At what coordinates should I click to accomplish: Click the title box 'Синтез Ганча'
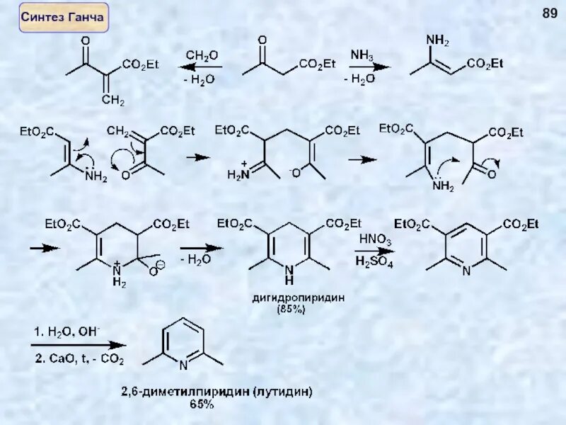(64, 16)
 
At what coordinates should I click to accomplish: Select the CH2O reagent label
(202, 55)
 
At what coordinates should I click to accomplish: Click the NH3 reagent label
(363, 54)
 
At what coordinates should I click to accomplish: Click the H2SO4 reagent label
(374, 262)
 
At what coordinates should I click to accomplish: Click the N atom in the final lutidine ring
(183, 365)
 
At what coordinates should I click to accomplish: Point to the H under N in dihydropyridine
(287, 281)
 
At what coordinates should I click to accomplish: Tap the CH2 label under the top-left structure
(111, 102)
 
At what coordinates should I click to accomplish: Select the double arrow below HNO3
(373, 251)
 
